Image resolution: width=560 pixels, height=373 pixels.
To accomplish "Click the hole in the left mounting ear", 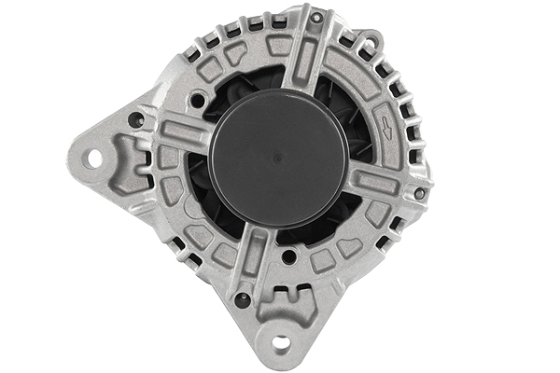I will tap(94, 159).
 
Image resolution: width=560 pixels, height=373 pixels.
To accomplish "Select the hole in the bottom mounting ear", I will tap(281, 342).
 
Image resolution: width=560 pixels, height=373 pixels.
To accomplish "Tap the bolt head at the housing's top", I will tap(316, 18).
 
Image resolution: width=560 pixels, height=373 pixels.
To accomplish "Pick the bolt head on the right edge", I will tap(419, 194).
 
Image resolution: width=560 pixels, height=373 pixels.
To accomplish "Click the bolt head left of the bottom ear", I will tap(242, 299).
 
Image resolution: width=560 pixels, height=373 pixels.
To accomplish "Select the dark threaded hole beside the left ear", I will tap(136, 119).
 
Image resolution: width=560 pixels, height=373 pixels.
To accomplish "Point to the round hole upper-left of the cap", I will tap(197, 99).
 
